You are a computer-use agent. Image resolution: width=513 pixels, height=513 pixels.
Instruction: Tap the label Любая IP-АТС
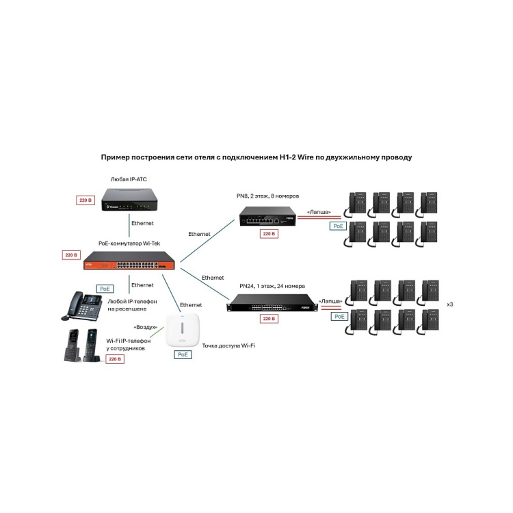(129, 179)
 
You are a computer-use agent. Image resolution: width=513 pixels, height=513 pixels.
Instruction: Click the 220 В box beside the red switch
(71, 255)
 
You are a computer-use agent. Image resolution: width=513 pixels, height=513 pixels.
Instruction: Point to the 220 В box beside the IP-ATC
(85, 200)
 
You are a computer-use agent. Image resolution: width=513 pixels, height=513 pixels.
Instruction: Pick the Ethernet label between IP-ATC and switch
(142, 223)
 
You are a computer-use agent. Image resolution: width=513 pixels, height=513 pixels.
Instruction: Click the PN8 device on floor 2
(267, 219)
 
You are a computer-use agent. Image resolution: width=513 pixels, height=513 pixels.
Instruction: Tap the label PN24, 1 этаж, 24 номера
(272, 285)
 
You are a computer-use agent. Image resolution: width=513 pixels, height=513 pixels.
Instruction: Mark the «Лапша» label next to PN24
(330, 301)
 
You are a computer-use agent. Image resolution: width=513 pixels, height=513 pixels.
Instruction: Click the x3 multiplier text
(449, 304)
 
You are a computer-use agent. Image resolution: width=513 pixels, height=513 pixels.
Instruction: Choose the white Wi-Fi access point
(183, 332)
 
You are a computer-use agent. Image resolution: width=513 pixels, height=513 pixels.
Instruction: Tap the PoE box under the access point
(183, 355)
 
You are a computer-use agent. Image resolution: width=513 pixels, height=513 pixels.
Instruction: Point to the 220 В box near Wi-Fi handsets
(114, 358)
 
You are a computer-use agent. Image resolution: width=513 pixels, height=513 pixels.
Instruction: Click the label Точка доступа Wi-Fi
(228, 346)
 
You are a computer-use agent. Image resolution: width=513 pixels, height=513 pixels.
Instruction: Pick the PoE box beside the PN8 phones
(337, 226)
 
